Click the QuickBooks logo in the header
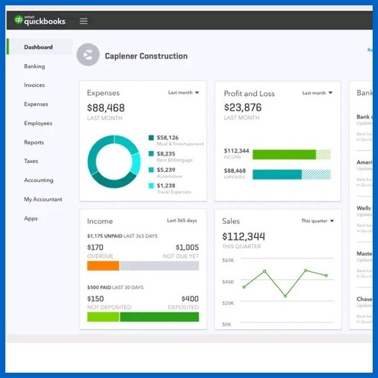pos(40,21)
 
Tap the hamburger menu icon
pos(84,21)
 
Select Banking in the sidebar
pos(34,66)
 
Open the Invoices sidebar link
pos(34,85)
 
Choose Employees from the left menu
pos(38,123)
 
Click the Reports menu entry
pos(34,142)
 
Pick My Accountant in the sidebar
pos(43,200)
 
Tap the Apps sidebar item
pos(31,219)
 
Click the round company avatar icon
pos(88,55)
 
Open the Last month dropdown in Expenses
pos(183,93)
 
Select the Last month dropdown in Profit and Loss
pos(318,93)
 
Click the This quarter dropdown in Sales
pos(318,221)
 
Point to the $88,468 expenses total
pos(106,108)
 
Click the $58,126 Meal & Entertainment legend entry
pos(168,138)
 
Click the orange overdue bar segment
pos(103,266)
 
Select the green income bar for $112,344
pos(284,155)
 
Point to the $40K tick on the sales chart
pos(228,281)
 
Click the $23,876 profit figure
pos(243,107)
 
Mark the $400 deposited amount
pos(190,299)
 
